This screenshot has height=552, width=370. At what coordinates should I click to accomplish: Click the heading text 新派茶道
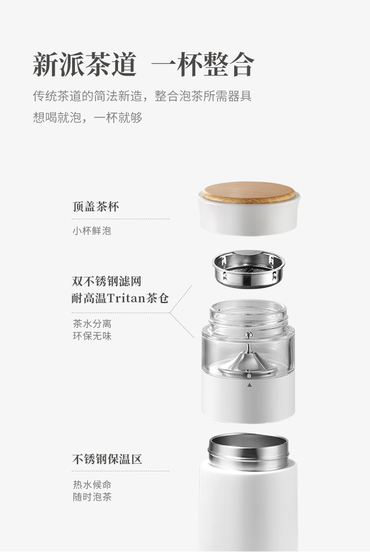[x=84, y=64]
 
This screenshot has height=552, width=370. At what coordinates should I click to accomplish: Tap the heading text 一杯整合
[x=203, y=64]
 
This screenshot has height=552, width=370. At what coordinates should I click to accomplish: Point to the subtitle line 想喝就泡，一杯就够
[x=88, y=117]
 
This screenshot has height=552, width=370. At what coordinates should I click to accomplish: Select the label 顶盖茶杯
[x=96, y=206]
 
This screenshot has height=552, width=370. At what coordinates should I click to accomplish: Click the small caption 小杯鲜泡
[x=92, y=231]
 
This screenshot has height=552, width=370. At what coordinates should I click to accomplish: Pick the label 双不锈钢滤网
[x=106, y=281]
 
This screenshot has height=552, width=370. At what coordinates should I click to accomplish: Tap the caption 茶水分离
[x=92, y=323]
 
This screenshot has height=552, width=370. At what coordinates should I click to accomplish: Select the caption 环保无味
[x=92, y=336]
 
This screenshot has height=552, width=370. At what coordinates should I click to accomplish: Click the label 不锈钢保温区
[x=107, y=459]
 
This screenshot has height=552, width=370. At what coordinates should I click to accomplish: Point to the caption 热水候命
[x=92, y=485]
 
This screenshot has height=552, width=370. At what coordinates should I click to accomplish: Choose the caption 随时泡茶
[x=92, y=497]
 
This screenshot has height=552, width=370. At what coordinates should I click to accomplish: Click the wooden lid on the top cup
[x=248, y=192]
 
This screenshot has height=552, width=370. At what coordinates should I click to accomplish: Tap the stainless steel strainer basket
[x=249, y=269]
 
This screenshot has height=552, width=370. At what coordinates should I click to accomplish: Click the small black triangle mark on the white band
[x=249, y=385]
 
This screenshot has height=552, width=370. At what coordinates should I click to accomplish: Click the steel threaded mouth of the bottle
[x=248, y=451]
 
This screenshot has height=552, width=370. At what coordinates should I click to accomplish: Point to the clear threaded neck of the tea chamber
[x=248, y=314]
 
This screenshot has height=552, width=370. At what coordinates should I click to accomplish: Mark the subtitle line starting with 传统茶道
[x=142, y=96]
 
